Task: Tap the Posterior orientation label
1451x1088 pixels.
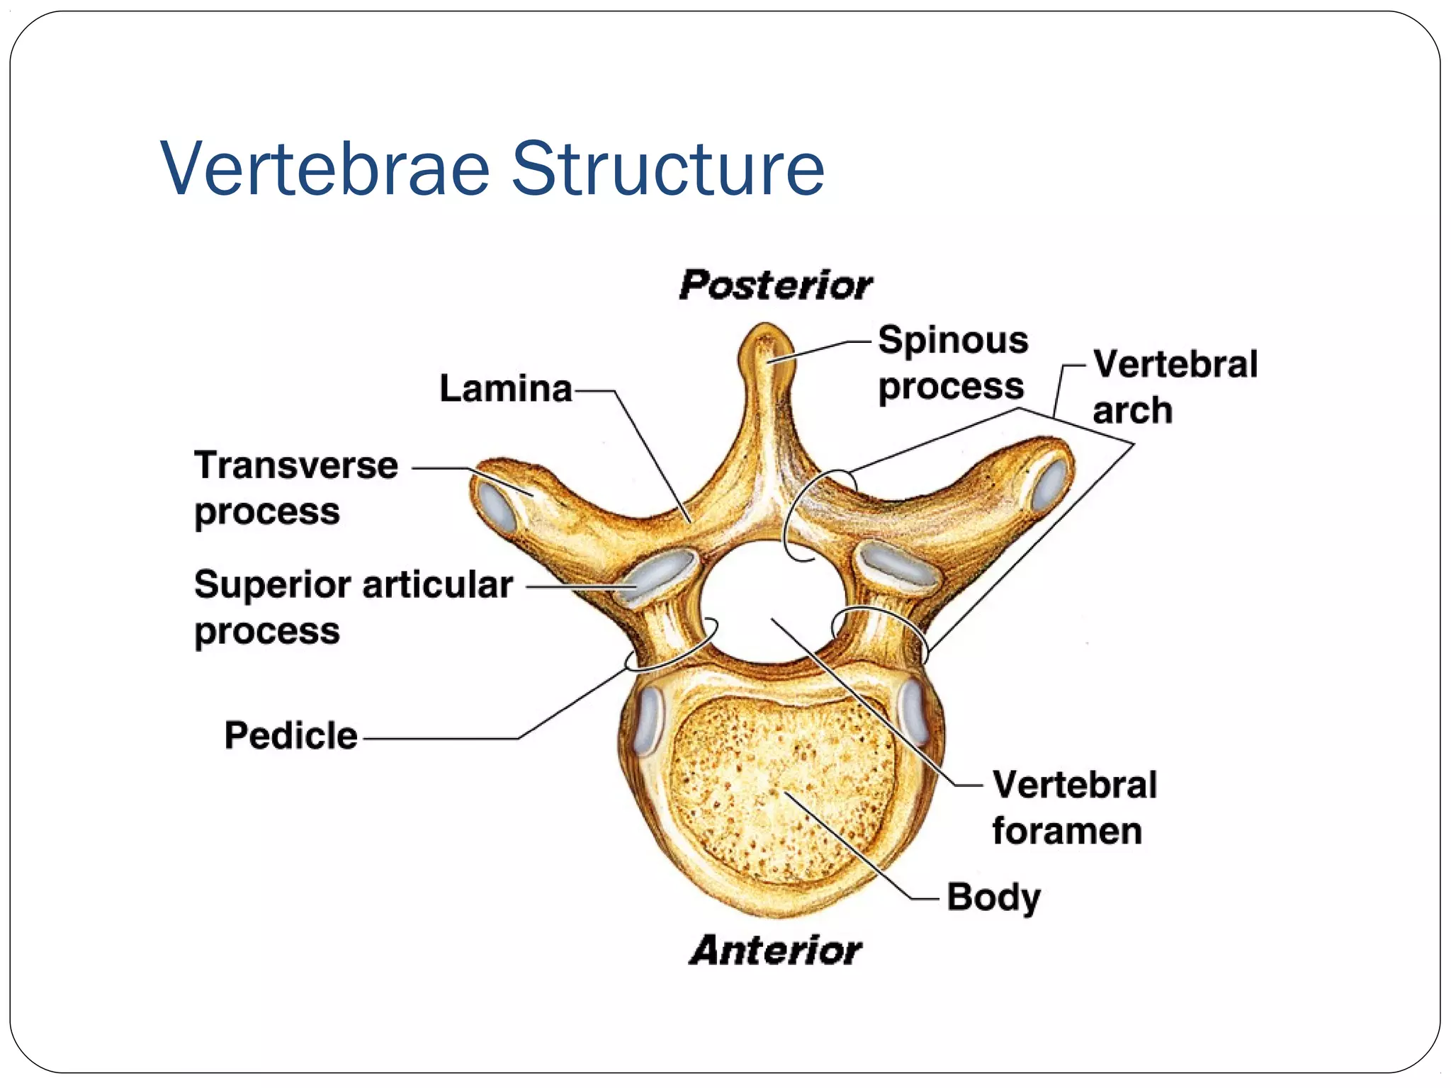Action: coord(775,285)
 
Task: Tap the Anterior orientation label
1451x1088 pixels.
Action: coord(775,950)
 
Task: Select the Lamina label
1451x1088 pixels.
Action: coord(505,389)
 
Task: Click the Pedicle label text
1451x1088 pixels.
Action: coord(290,735)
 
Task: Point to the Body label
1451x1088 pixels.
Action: coord(993,897)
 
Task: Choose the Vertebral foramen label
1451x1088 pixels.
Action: coord(1073,807)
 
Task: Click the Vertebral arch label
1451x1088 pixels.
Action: coord(1174,387)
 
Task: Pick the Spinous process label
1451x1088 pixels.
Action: coord(952,363)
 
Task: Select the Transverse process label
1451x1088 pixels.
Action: coord(295,488)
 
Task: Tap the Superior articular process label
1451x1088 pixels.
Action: coord(353,607)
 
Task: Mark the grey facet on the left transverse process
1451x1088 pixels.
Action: coord(498,506)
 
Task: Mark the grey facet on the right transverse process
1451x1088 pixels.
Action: coord(1049,484)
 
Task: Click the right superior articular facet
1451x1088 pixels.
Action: coord(896,565)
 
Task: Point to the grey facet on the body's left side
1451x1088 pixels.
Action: coord(648,720)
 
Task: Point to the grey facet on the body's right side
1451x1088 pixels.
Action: coord(913,712)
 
